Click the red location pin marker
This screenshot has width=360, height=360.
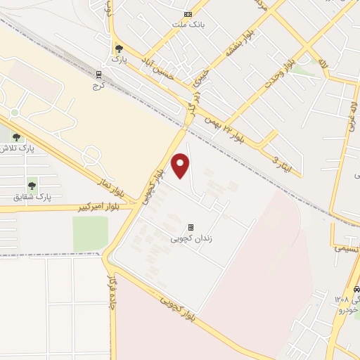point(181,165)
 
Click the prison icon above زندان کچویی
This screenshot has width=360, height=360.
point(190,227)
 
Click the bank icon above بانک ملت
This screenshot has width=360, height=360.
point(188,14)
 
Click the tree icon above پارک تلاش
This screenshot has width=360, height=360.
point(15,138)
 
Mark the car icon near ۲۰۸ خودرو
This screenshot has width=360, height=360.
point(356,289)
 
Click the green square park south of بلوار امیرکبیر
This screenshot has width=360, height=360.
point(91,233)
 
